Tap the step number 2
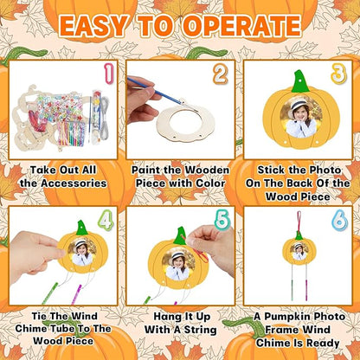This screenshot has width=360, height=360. click(x=222, y=75)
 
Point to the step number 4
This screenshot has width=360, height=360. click(x=106, y=222)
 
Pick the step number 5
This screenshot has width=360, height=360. click(x=222, y=221)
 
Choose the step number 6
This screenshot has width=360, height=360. click(x=337, y=222)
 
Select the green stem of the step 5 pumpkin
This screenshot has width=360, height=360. click(x=180, y=235)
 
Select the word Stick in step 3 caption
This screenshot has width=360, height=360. click(x=263, y=170)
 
